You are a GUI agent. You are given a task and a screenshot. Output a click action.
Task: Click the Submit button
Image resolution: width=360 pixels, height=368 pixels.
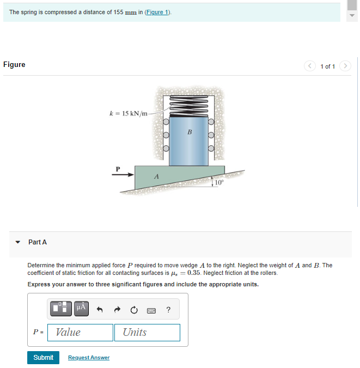click(x=43, y=357)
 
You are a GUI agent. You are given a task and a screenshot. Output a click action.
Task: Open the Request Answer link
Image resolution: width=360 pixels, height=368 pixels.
click(x=88, y=358)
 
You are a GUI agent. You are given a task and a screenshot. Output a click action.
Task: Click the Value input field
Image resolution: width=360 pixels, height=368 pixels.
click(x=80, y=332)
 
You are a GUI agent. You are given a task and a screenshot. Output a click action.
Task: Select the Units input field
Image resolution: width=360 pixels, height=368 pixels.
click(x=147, y=332)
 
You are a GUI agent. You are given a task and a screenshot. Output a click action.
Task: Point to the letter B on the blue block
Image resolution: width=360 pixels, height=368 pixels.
click(x=190, y=132)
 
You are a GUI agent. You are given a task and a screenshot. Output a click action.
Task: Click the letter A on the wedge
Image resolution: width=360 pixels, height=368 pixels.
click(x=156, y=176)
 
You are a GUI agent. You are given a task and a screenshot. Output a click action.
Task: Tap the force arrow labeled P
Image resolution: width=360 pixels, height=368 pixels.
click(x=123, y=175)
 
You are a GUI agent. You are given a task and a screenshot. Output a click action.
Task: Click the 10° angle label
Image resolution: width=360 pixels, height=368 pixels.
click(x=218, y=182)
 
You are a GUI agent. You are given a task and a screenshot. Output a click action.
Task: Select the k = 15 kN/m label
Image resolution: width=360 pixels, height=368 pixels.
click(x=129, y=113)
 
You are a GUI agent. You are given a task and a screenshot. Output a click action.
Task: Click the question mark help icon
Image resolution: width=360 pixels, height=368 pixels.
click(x=168, y=310)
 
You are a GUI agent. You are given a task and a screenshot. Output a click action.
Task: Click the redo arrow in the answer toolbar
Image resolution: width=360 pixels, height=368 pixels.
click(x=117, y=310)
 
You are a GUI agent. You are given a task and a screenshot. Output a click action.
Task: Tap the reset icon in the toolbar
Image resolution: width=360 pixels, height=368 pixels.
click(x=134, y=310)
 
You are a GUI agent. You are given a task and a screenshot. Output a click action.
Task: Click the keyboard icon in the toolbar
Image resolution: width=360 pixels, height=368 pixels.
click(x=151, y=310)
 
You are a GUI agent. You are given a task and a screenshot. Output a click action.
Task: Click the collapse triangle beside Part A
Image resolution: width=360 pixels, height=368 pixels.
click(x=18, y=242)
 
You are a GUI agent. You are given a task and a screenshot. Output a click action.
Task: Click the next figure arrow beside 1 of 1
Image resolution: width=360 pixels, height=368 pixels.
click(x=344, y=66)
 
